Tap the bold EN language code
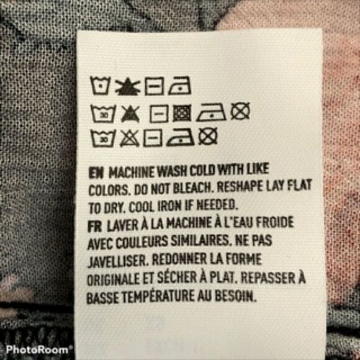pos(96,173)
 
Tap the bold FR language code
pos(94,226)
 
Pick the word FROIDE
pos(275,222)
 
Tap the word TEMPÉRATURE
pos(158,297)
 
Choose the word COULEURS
pos(142,243)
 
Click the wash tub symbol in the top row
pos(100,85)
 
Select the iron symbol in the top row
pos(179,86)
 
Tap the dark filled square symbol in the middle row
pos(182,113)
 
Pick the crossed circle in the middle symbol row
pos(240,111)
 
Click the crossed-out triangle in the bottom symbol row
pos(129,138)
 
